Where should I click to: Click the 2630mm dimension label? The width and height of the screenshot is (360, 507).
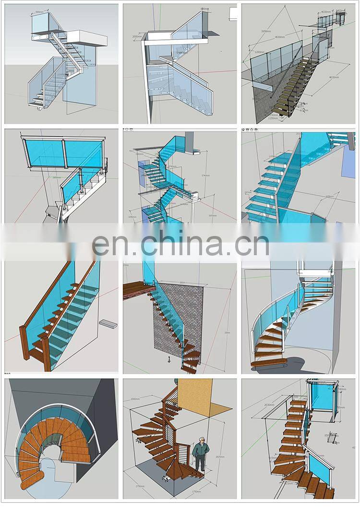270,405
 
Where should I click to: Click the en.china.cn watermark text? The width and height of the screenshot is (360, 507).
180,245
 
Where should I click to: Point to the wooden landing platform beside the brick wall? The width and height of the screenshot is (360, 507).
139,290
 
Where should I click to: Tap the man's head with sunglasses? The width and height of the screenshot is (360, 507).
201,439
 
